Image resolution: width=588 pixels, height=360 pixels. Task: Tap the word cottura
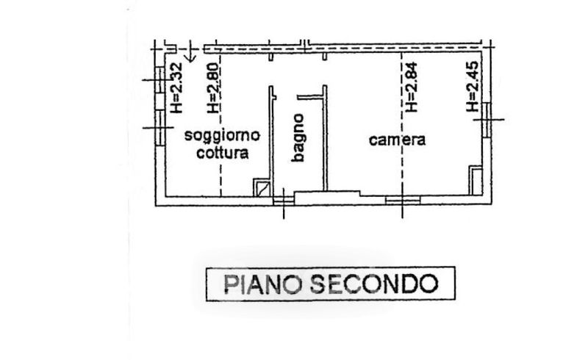click(223, 154)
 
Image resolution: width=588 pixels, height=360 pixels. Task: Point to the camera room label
click(398, 140)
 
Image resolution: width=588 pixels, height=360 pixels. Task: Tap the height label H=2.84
click(412, 87)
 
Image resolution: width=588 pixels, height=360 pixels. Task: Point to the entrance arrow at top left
click(190, 53)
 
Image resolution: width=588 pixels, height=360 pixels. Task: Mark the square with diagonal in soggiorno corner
click(262, 187)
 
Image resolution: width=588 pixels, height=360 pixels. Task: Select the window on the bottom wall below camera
click(403, 198)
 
